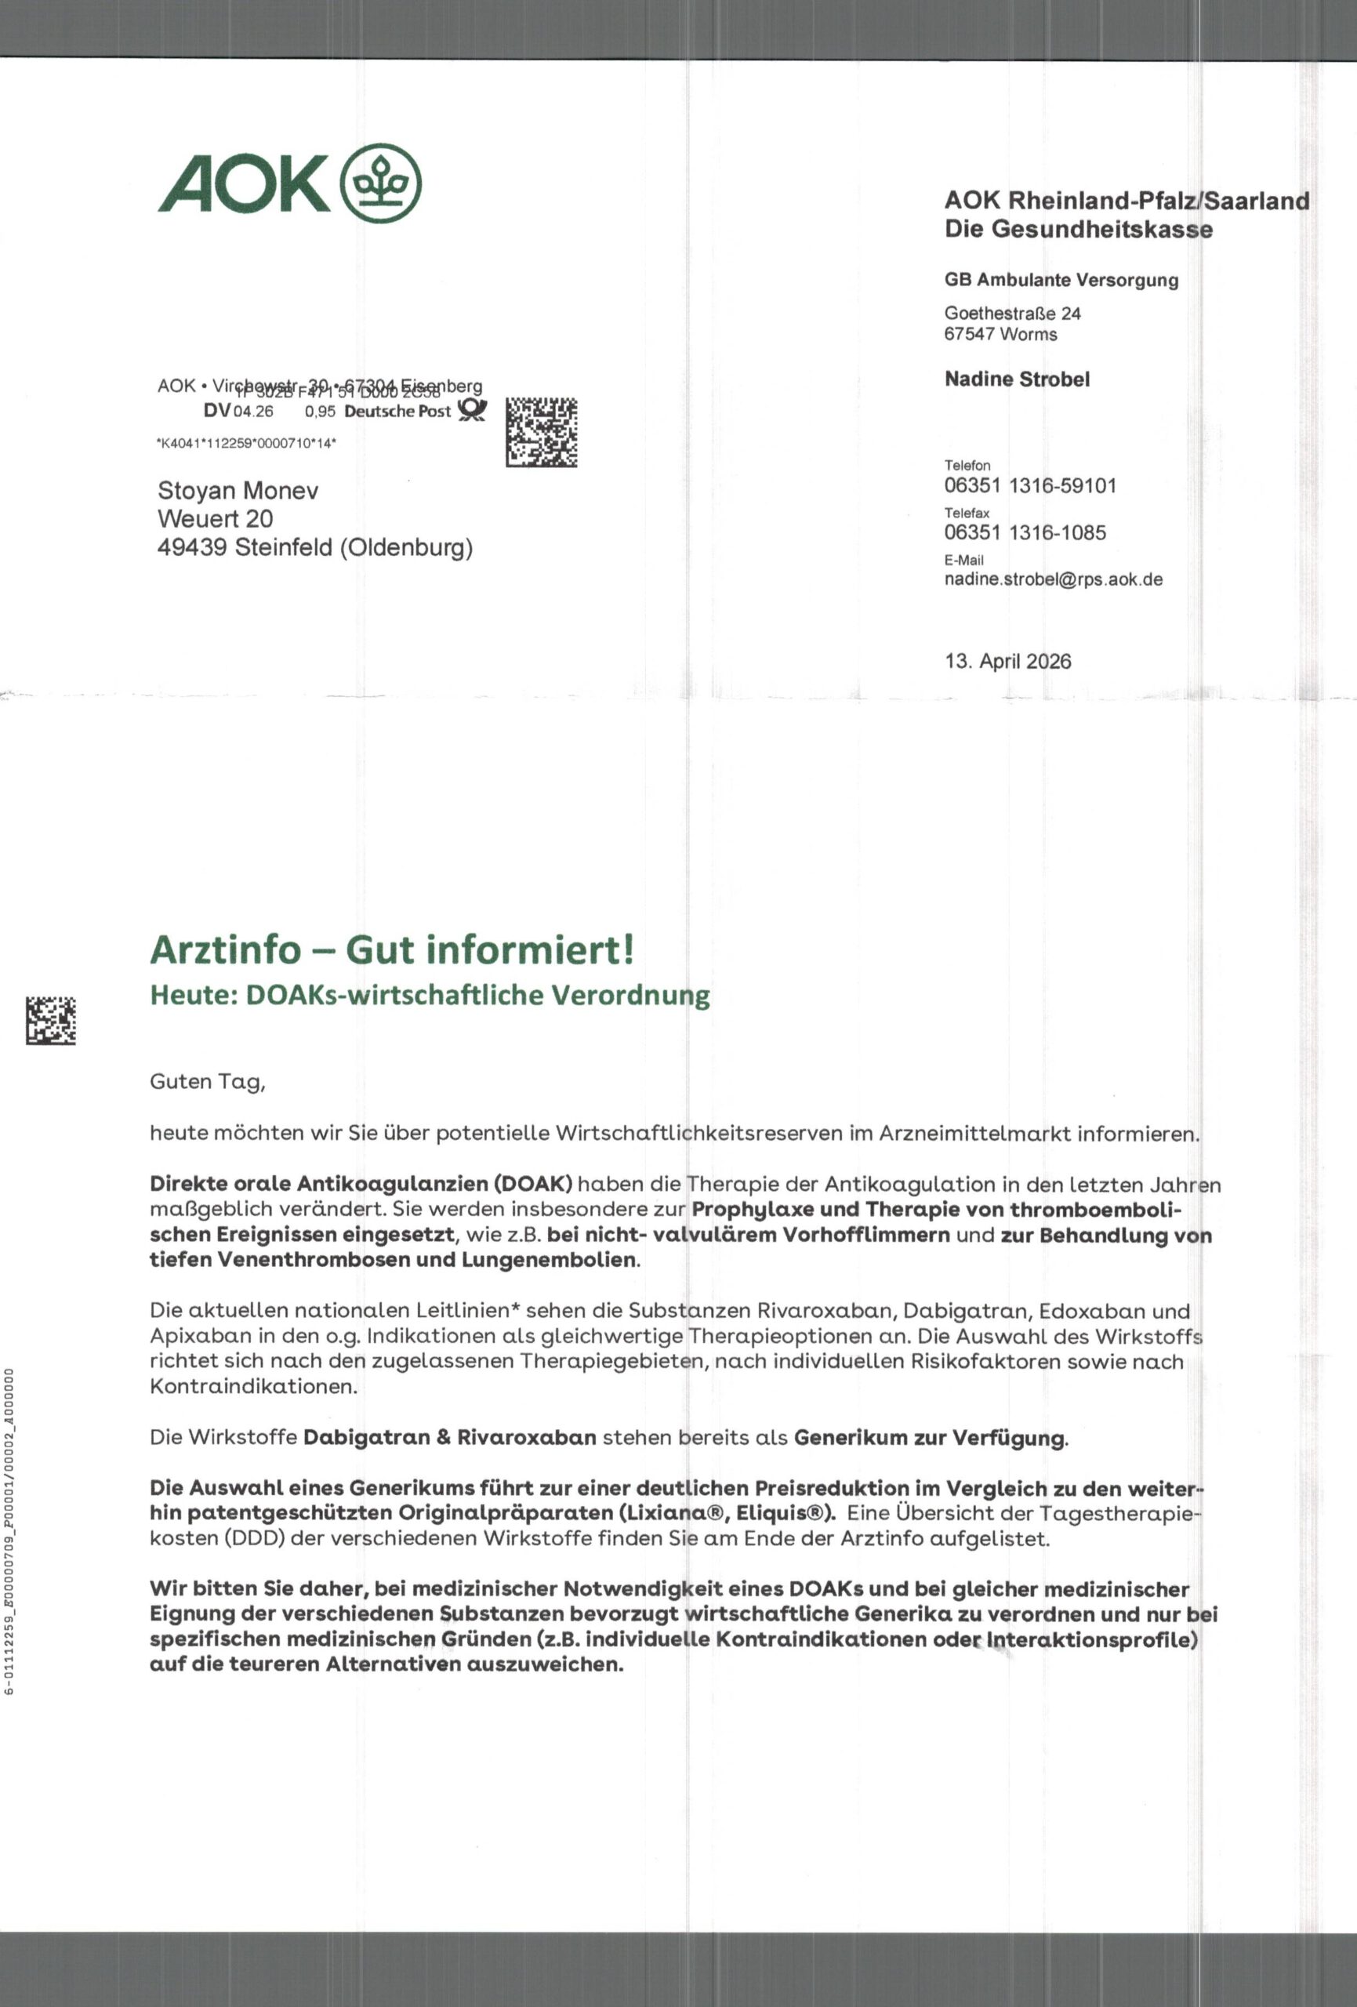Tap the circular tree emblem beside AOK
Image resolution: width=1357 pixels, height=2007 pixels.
(383, 183)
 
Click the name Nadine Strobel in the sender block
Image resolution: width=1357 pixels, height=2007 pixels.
(1017, 379)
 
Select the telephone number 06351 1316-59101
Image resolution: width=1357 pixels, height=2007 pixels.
(1029, 485)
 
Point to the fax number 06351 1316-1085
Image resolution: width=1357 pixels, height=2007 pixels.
(1025, 533)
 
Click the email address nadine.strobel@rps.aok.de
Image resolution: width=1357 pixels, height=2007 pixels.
(1053, 579)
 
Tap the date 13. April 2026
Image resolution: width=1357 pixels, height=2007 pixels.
(1007, 662)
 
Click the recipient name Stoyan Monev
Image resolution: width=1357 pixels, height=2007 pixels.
(238, 492)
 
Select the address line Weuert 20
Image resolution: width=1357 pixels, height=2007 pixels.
(215, 519)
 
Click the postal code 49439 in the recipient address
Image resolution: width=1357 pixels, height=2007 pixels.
(192, 547)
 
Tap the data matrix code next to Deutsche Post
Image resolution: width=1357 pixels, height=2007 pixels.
(541, 433)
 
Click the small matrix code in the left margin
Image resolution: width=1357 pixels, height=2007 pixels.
(50, 1020)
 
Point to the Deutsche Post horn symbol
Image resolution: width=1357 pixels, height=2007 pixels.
(472, 410)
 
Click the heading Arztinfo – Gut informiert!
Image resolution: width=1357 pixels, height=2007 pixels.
(392, 950)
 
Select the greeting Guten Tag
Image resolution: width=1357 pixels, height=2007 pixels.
(207, 1082)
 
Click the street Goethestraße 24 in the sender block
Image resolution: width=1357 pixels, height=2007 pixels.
(1012, 314)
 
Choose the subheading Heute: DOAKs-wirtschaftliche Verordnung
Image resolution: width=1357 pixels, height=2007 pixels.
(430, 996)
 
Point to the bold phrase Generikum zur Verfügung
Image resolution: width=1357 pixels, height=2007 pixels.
(931, 1438)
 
